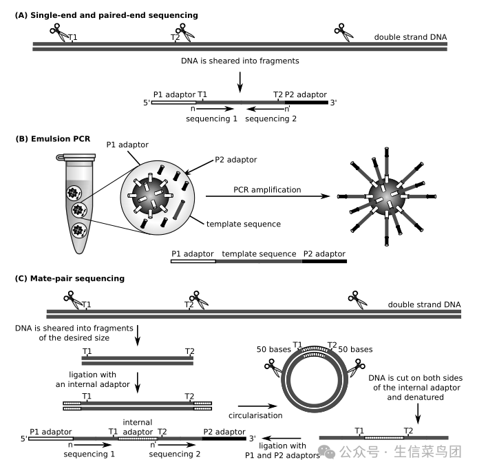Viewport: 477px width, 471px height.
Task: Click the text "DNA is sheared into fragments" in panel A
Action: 240,61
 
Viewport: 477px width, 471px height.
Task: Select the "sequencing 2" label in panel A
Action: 271,118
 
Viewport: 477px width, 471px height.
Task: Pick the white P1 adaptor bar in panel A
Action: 173,103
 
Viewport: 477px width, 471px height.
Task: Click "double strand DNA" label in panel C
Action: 424,304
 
